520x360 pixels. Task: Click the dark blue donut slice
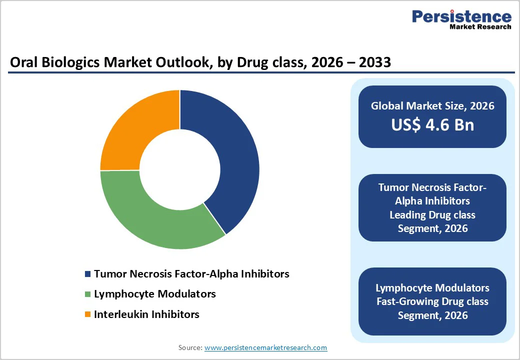235,160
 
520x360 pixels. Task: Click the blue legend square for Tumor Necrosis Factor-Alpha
88,274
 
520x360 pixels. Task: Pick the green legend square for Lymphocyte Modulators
88,294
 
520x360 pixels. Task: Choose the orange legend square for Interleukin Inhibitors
88,314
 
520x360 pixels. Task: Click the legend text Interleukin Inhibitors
146,314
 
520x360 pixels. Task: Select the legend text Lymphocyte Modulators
154,294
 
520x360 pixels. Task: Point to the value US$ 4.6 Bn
432,124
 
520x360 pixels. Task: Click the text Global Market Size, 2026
432,105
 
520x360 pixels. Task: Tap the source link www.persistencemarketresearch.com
265,347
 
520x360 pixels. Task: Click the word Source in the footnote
190,347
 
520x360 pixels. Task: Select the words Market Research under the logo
480,27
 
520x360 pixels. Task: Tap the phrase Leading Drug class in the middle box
432,215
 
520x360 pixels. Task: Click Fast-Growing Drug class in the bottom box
432,301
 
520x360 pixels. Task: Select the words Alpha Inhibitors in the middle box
432,201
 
